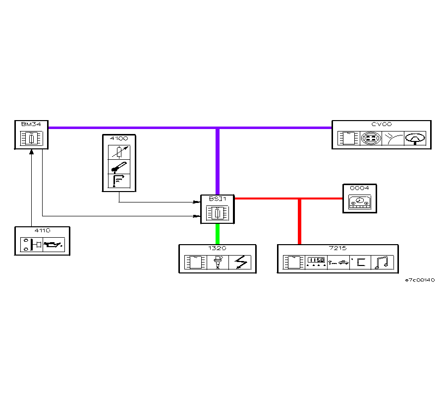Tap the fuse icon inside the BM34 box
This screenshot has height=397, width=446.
click(31, 138)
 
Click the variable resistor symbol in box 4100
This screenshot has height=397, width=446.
click(119, 151)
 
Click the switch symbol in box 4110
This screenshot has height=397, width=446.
click(33, 245)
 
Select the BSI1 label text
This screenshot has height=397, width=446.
click(217, 198)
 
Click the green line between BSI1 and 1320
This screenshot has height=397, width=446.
click(217, 233)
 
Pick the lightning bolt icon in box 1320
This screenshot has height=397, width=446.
click(240, 262)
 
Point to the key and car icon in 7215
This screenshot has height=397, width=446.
click(338, 262)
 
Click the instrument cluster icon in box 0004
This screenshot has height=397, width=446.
click(359, 202)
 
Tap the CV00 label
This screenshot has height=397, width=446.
click(381, 124)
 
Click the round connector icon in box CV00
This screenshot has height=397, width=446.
click(370, 138)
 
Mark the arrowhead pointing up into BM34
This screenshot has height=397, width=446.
click(31, 152)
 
